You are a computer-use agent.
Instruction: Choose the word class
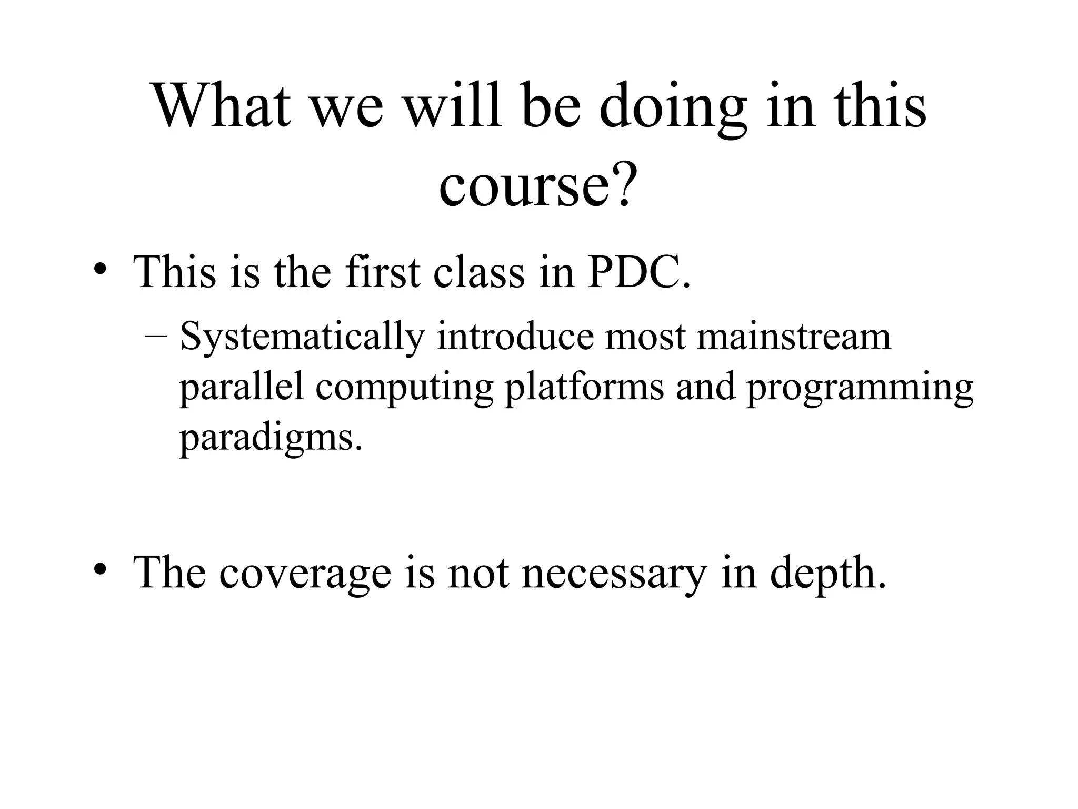point(479,272)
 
